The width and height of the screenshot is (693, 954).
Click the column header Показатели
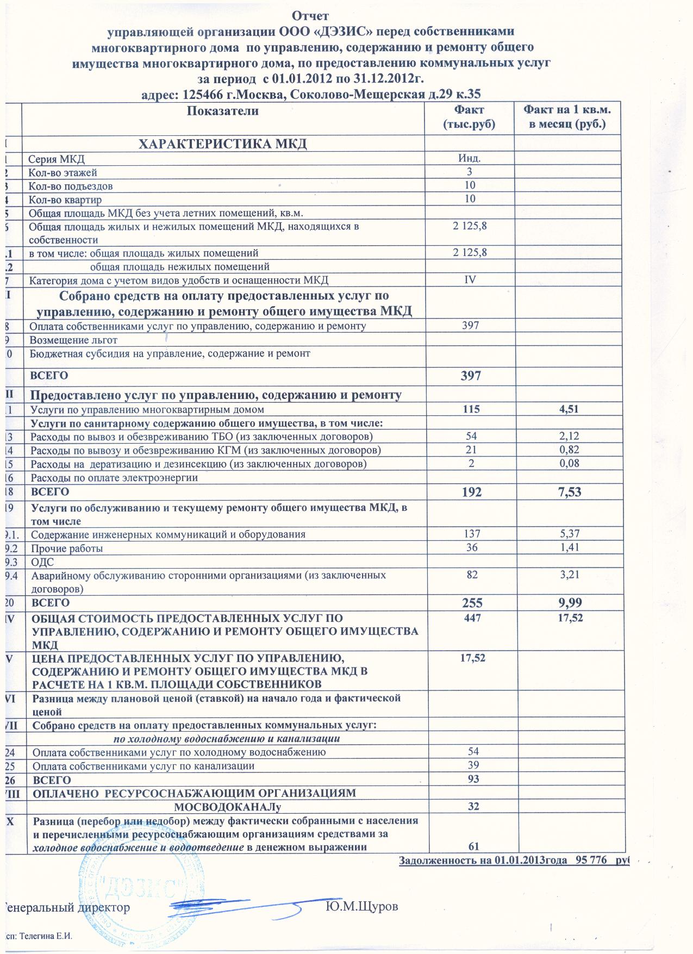(222, 111)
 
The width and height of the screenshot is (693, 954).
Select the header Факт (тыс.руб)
(469, 117)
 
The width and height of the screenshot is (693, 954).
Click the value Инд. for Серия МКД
(470, 158)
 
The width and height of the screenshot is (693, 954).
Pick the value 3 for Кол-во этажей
(470, 172)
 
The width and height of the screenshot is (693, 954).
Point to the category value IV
(470, 280)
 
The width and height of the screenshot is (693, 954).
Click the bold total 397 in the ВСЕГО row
(470, 375)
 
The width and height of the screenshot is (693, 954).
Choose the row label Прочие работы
(67, 548)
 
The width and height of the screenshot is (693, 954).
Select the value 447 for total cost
(470, 618)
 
